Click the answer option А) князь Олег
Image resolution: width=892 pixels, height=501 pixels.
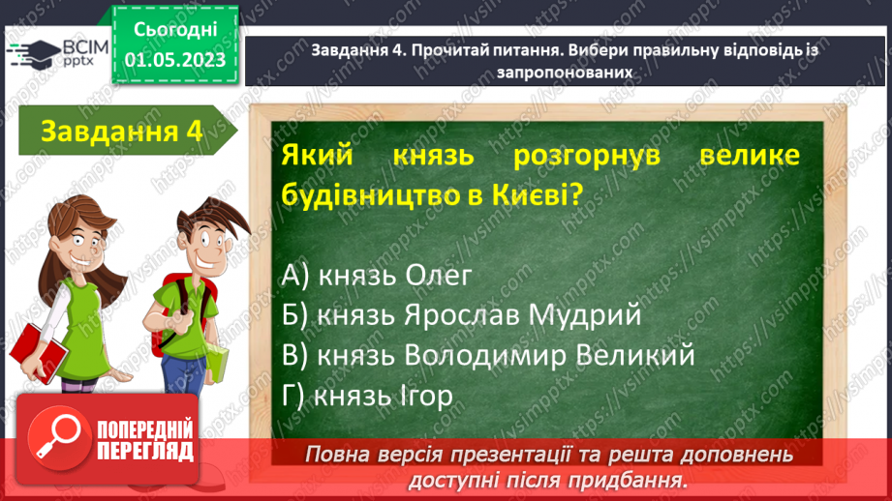point(377,276)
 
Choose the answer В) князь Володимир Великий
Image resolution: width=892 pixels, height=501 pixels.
point(489,355)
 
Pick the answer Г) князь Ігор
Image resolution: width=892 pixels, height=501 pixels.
point(368,396)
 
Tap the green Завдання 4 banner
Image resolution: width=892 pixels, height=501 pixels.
point(121,132)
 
